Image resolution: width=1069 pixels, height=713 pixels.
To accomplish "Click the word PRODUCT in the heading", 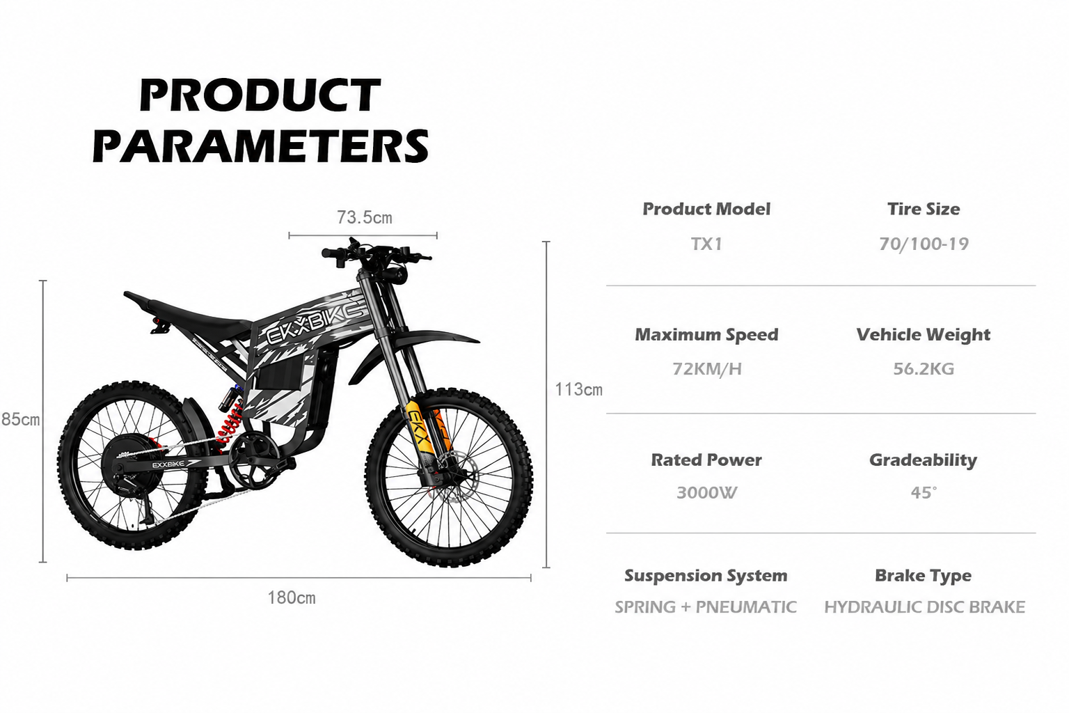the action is coord(260,95).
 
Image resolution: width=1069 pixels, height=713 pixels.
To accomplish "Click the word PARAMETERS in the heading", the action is coord(260,146).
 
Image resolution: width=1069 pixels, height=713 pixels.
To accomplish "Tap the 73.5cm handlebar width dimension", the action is coord(364,218).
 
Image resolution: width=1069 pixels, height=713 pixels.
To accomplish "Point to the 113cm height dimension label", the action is coord(578,390).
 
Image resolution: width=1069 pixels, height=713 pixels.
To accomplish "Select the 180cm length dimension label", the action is coord(292,597).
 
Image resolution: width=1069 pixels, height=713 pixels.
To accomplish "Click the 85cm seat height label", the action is coord(20,419).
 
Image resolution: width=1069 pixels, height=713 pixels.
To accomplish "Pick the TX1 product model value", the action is coord(706,244).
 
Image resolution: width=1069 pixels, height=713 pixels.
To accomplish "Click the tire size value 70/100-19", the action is coord(924,244).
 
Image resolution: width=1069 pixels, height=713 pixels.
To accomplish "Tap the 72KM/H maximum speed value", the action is coord(707,369).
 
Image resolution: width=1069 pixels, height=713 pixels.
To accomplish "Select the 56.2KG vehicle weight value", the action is coord(924,368).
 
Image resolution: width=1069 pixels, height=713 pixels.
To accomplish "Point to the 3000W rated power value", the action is coord(707,492).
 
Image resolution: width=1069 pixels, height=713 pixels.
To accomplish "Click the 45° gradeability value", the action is coord(924,492).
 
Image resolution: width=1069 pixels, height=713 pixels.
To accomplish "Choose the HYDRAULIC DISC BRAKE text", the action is coord(924,607).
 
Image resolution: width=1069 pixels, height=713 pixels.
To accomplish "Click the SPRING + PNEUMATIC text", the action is coord(705,607).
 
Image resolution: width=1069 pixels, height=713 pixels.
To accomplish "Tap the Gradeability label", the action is coord(923,460).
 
